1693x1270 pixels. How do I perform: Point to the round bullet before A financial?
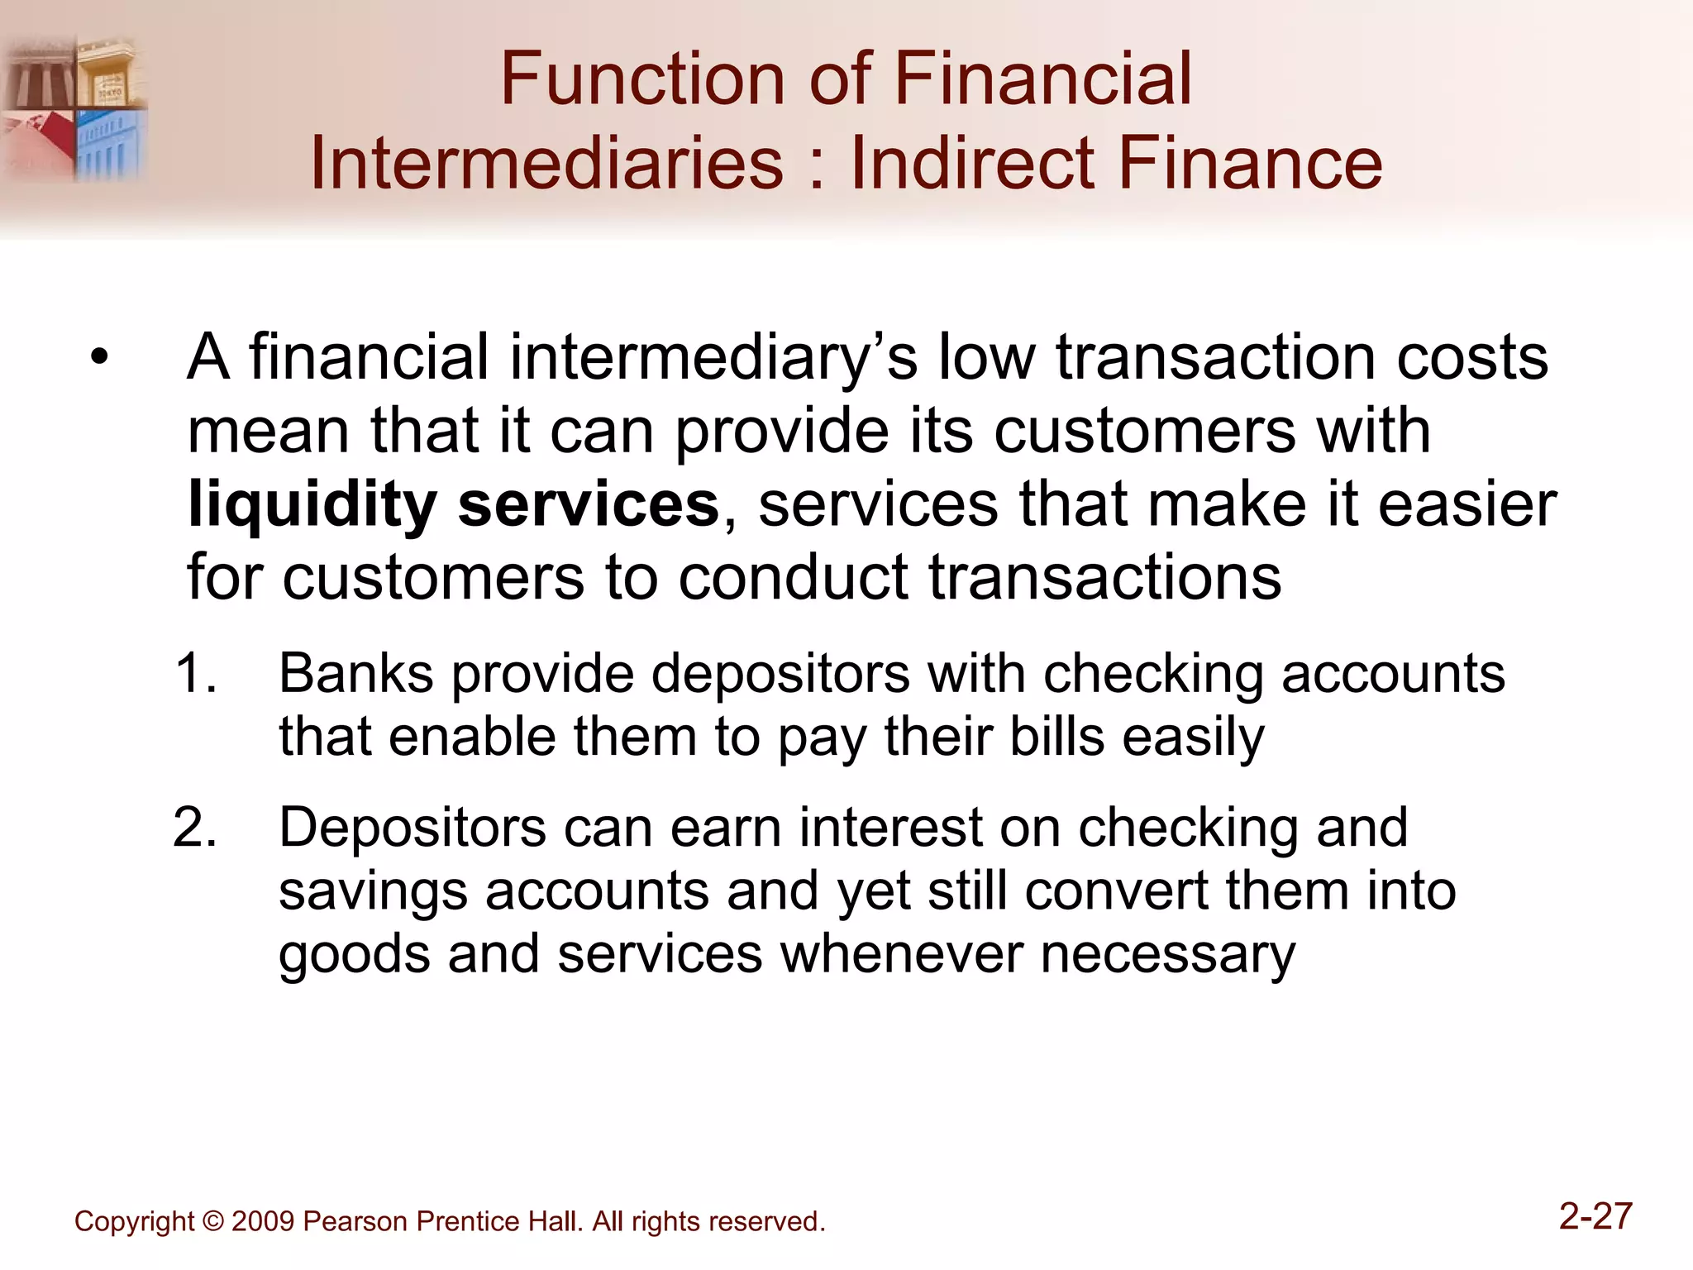100,358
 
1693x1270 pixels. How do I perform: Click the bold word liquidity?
312,505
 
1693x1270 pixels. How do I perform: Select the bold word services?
588,505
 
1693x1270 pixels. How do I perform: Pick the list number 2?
195,828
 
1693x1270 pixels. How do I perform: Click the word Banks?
355,673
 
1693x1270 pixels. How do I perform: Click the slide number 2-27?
1595,1217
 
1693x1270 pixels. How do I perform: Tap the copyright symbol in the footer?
212,1222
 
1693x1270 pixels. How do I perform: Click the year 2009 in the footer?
263,1222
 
